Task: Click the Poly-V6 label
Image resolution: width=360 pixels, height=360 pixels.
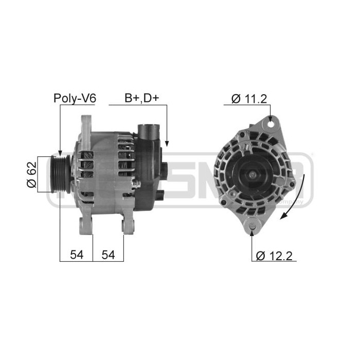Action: [x=75, y=98]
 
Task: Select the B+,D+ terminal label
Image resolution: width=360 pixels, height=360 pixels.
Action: [x=141, y=98]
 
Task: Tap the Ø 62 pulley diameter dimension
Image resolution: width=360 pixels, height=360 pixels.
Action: [x=32, y=175]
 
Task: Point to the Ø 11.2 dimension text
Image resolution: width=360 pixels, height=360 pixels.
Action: [x=249, y=98]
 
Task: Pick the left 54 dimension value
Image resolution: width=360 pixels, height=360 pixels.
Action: [x=76, y=254]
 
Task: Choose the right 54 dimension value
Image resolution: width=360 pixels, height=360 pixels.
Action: [x=108, y=254]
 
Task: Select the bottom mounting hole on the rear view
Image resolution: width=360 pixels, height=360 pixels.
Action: [x=252, y=225]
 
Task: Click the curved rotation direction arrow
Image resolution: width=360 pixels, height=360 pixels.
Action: [x=298, y=198]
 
